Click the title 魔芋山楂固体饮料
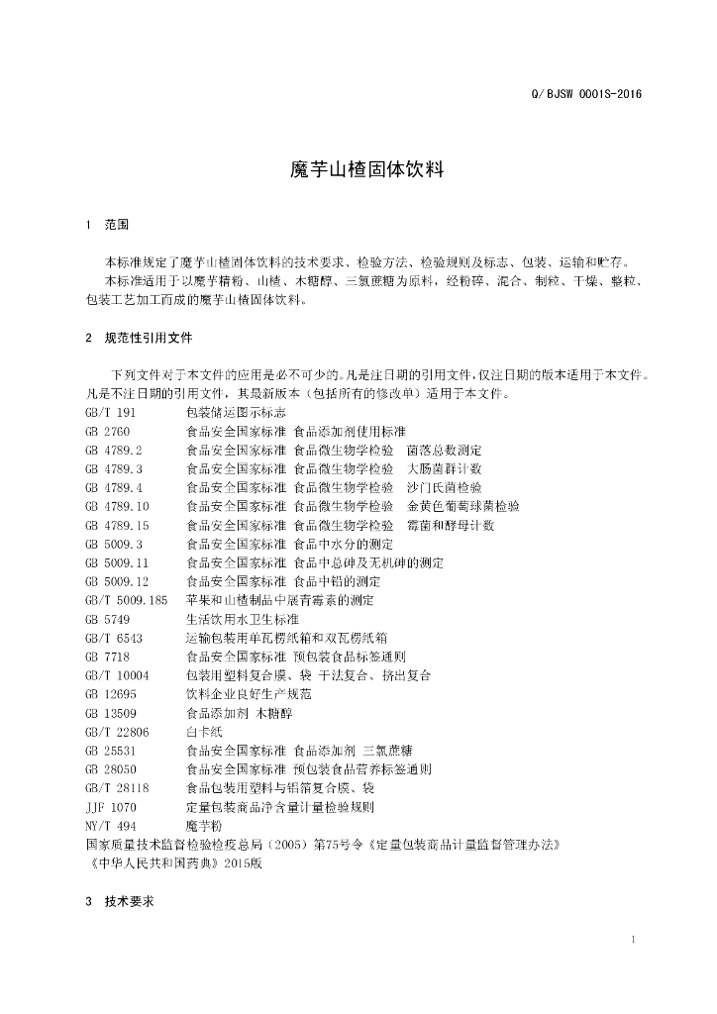(358, 169)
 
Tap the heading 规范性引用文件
(149, 339)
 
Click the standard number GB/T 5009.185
(127, 600)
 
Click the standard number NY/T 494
(111, 826)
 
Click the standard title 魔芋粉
(205, 826)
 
